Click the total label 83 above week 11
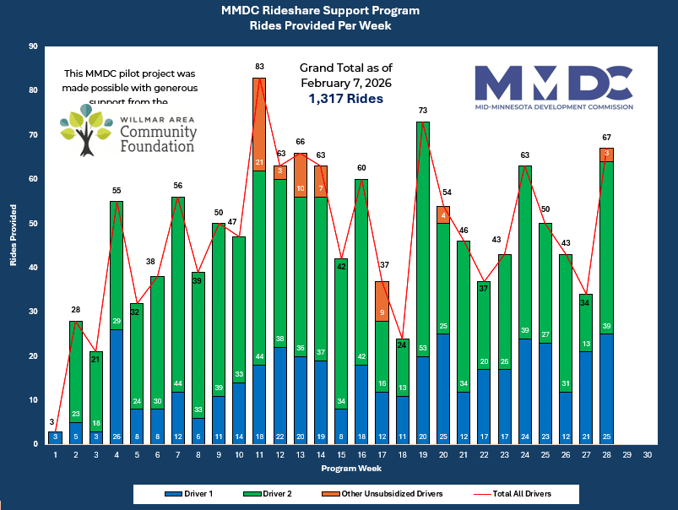(x=259, y=66)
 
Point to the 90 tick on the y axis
(x=34, y=46)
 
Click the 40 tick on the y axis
(x=34, y=268)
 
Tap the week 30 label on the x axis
(x=647, y=455)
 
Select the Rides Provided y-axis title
(x=14, y=245)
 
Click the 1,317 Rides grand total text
(x=346, y=99)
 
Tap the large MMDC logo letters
(x=553, y=82)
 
